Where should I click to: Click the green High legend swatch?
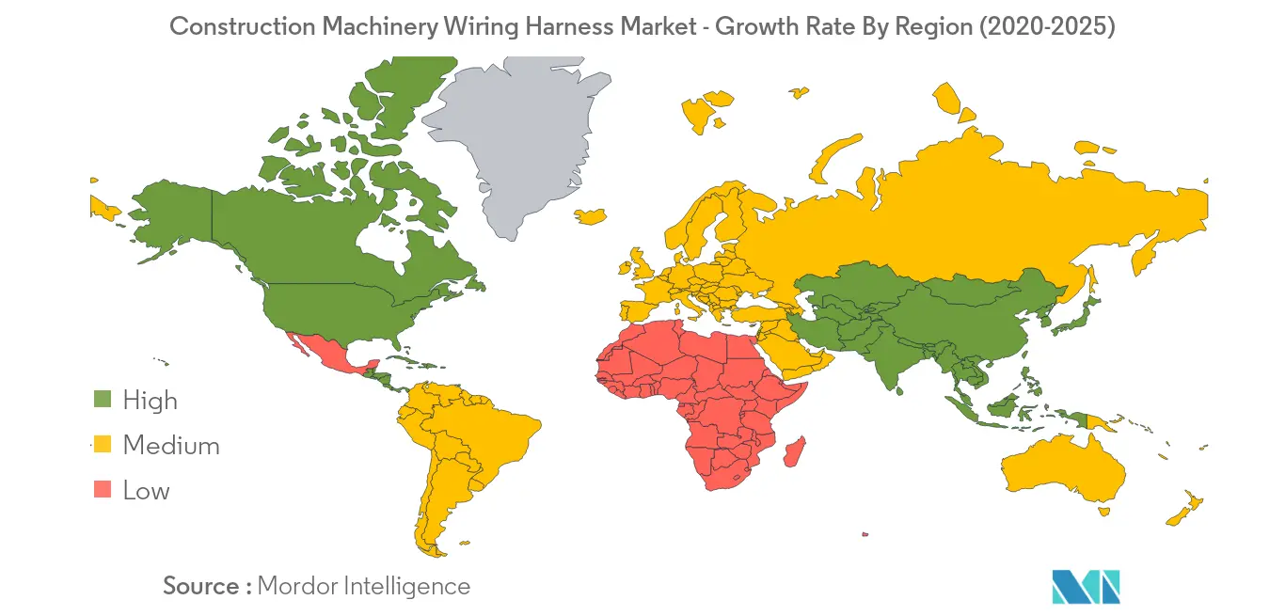[103, 399]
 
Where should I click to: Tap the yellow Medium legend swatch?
[103, 444]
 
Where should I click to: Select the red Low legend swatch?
[103, 489]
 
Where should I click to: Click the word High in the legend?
[150, 400]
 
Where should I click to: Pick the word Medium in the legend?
[171, 445]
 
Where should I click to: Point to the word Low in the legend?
[146, 490]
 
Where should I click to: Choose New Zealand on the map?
[1182, 508]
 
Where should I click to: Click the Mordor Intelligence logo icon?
[1086, 586]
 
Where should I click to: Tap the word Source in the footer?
[201, 586]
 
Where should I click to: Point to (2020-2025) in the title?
[1047, 26]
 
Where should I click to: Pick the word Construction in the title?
[242, 26]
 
